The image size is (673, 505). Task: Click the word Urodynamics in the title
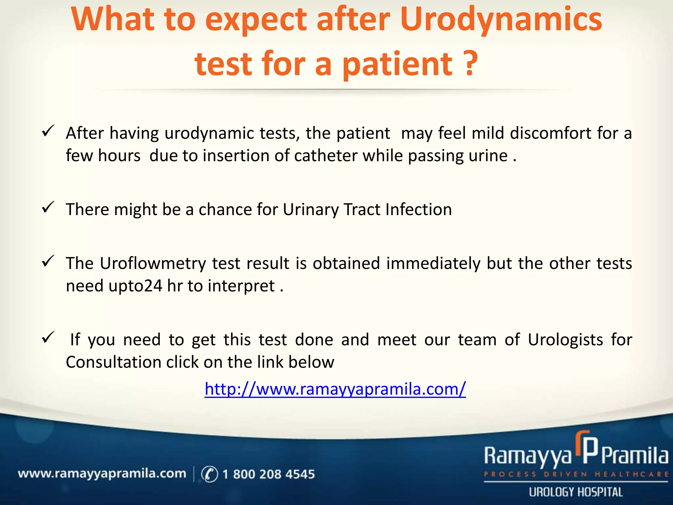click(x=501, y=20)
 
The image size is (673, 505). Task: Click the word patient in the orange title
click(x=398, y=64)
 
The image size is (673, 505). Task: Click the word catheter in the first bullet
click(x=325, y=156)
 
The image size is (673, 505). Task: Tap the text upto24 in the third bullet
click(x=135, y=286)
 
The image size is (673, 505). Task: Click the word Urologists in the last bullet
click(x=565, y=340)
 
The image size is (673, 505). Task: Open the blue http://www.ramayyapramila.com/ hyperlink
click(x=335, y=389)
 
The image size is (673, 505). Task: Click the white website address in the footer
click(x=102, y=474)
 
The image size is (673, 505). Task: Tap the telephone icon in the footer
click(x=209, y=474)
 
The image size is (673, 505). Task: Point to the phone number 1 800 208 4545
click(x=268, y=474)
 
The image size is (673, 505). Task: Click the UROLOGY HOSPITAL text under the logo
click(x=576, y=492)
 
